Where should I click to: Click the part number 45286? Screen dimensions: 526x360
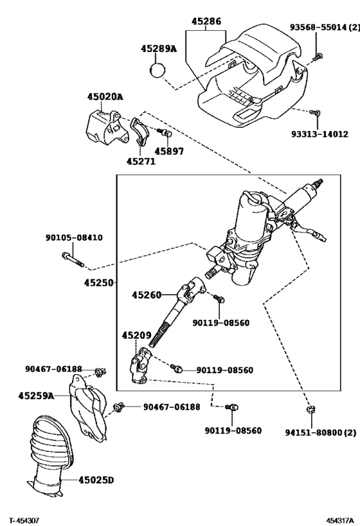click(206, 21)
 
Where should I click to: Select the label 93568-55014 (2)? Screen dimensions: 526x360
click(324, 27)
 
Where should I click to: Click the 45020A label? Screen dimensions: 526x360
click(105, 97)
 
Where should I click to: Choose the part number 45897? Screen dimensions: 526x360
click(169, 152)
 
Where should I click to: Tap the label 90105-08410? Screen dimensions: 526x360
click(73, 238)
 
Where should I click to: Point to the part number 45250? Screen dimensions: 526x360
click(98, 283)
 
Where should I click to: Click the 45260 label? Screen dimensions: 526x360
click(147, 295)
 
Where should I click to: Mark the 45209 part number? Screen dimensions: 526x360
click(137, 335)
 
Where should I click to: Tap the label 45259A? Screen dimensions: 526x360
click(36, 396)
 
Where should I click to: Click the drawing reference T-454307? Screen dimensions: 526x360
click(24, 519)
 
